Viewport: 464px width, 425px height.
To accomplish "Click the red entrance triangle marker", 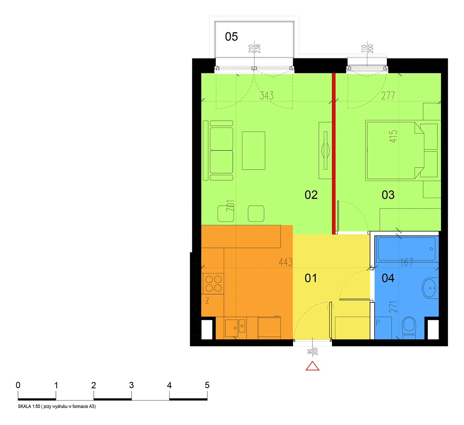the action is pyautogui.click(x=312, y=366).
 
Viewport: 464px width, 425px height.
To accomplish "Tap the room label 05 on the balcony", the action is pyautogui.click(x=231, y=36).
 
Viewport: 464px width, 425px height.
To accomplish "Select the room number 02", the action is pyautogui.click(x=311, y=195).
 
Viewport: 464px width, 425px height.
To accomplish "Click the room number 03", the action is pyautogui.click(x=388, y=195).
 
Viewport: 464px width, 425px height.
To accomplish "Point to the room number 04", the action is pyautogui.click(x=388, y=278).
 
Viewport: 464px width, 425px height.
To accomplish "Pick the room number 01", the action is pyautogui.click(x=311, y=278).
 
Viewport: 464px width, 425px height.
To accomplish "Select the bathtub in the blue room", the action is pyautogui.click(x=406, y=249).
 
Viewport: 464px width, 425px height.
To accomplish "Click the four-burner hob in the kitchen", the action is pyautogui.click(x=213, y=284).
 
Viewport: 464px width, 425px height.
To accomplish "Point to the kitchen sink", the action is pyautogui.click(x=235, y=327).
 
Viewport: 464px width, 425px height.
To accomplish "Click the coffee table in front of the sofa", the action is pyautogui.click(x=253, y=151).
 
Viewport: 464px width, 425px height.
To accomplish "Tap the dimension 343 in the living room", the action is pyautogui.click(x=267, y=96).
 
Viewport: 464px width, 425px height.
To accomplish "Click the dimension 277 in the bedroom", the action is pyautogui.click(x=388, y=96).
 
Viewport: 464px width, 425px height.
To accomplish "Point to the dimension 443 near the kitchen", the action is pyautogui.click(x=286, y=262).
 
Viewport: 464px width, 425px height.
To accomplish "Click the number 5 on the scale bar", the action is pyautogui.click(x=207, y=385).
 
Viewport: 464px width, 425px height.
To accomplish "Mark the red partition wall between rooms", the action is pyautogui.click(x=333, y=153).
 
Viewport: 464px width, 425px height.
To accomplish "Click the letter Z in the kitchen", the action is pyautogui.click(x=207, y=300).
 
